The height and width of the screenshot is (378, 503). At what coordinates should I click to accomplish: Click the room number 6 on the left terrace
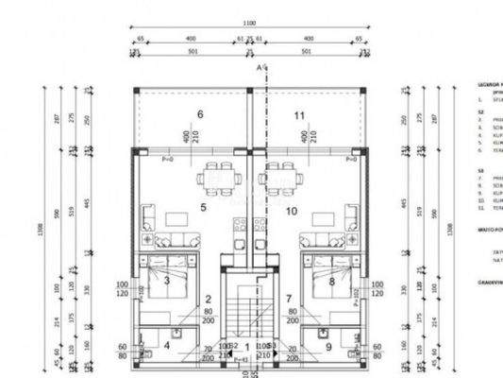[199, 114]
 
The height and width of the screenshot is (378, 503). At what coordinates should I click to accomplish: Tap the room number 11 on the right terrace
[299, 114]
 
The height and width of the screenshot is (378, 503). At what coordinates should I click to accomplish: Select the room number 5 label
[202, 206]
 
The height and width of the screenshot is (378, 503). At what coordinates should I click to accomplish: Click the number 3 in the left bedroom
[167, 280]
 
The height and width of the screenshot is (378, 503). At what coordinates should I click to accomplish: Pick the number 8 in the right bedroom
[331, 280]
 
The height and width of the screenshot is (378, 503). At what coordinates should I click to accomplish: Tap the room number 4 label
[168, 345]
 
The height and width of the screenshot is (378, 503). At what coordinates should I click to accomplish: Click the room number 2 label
[208, 300]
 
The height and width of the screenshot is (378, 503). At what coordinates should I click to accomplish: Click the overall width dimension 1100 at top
[249, 22]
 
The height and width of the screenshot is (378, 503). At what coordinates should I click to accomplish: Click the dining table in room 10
[283, 175]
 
